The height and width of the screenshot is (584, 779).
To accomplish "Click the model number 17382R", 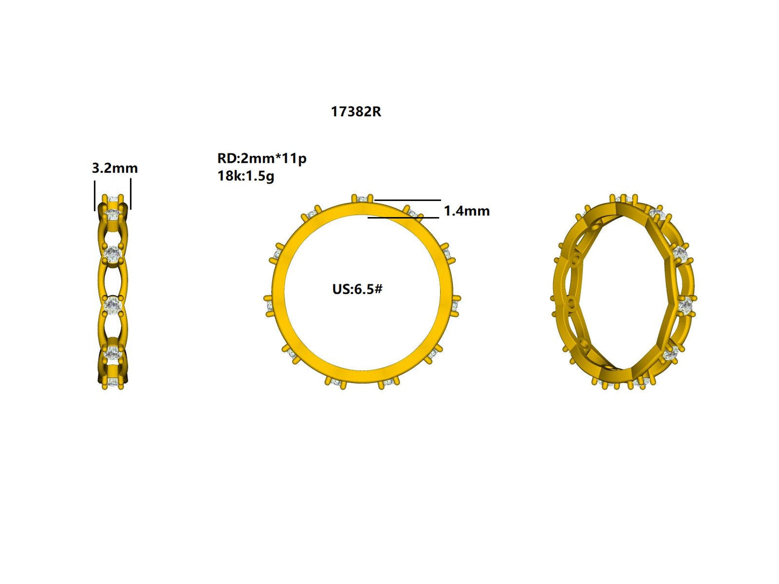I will click(x=356, y=112).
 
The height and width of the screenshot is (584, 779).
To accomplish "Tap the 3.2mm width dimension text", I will click(x=114, y=168).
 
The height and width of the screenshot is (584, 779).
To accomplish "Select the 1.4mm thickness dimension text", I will click(x=466, y=211).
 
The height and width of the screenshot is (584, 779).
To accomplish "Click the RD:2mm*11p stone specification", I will click(x=261, y=158).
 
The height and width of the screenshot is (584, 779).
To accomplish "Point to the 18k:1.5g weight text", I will click(x=246, y=176).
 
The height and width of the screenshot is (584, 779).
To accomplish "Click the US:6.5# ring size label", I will click(x=357, y=289).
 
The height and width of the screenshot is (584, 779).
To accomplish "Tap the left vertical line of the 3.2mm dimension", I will click(x=95, y=195).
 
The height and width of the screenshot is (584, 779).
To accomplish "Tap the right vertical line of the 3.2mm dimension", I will click(x=131, y=195).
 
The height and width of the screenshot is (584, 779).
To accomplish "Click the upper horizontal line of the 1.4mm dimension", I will click(x=408, y=200).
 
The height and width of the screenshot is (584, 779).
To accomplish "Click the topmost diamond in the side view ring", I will click(x=113, y=214).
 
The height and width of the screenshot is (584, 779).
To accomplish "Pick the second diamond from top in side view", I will click(x=113, y=254).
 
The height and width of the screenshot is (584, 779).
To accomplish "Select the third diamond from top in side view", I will click(x=113, y=305).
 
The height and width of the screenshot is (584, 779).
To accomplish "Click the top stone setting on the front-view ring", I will click(x=362, y=199).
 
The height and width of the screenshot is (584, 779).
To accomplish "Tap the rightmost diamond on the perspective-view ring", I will click(x=685, y=306).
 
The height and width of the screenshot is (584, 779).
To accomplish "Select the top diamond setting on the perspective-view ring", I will click(x=625, y=199).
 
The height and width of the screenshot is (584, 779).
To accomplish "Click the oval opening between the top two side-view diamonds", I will click(x=113, y=234).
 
